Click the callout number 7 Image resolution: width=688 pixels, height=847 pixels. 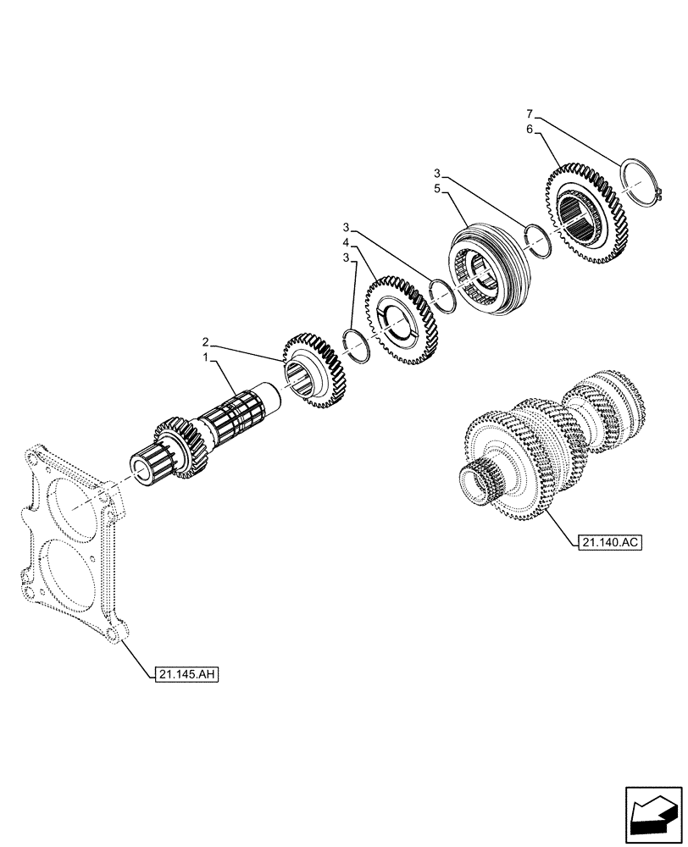pyautogui.click(x=529, y=112)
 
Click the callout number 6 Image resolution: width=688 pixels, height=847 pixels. pyautogui.click(x=529, y=129)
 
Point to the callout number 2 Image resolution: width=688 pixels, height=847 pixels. pyautogui.click(x=205, y=343)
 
